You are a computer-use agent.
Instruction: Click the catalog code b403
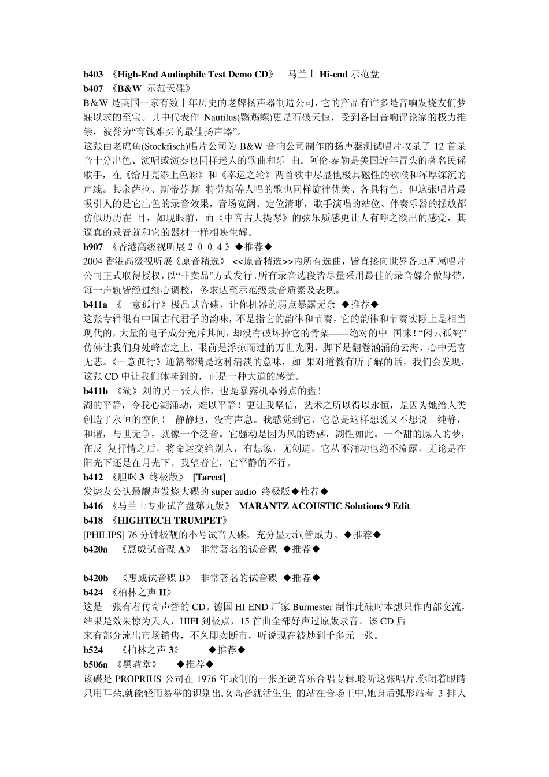tap(94, 75)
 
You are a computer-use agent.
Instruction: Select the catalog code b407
tap(94, 88)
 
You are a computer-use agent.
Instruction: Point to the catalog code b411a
tap(96, 304)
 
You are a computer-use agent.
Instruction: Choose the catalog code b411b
tap(96, 391)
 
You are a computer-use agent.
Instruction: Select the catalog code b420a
tap(96, 549)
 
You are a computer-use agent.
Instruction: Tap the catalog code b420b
tap(96, 578)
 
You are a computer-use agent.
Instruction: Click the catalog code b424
tap(94, 593)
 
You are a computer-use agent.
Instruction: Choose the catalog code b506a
tap(96, 664)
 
